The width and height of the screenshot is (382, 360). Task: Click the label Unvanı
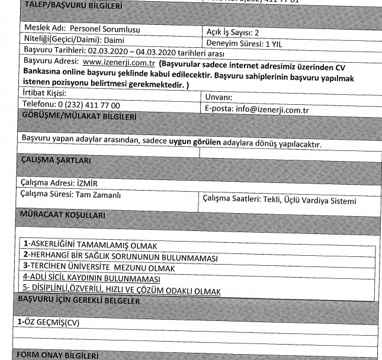pos(218,98)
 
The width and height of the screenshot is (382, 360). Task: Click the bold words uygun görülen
pos(195,144)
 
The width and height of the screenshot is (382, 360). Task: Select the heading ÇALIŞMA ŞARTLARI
pos(56,160)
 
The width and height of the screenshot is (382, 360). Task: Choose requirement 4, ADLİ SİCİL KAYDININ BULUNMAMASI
pos(92,278)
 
